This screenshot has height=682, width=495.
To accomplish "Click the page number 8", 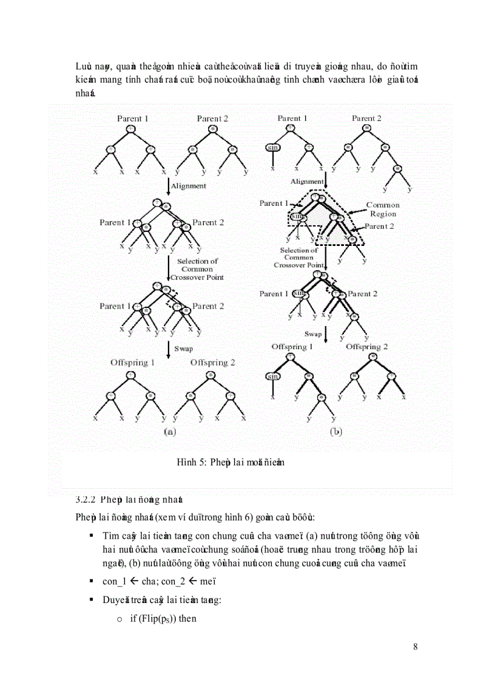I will [415, 646].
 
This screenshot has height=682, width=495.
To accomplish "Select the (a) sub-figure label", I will [170, 432].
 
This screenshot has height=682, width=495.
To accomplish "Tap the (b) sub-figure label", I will [335, 432].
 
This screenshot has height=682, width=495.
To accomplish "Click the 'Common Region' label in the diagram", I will [383, 210].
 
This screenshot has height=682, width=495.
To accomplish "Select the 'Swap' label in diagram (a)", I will [184, 349].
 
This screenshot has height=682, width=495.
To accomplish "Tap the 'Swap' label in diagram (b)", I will [313, 334].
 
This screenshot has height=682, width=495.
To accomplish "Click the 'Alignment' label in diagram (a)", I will [189, 186].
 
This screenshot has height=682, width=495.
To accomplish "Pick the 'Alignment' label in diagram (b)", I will [307, 181].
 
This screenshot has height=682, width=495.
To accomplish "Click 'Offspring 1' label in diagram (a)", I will [132, 363].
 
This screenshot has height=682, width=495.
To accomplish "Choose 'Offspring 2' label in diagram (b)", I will [367, 347].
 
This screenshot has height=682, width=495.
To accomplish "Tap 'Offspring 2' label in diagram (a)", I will [212, 363].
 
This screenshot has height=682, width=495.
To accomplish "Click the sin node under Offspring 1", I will [273, 377].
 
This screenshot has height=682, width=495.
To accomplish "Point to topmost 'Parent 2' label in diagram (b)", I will [367, 118].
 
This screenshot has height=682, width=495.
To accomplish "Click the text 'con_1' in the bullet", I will [113, 581].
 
